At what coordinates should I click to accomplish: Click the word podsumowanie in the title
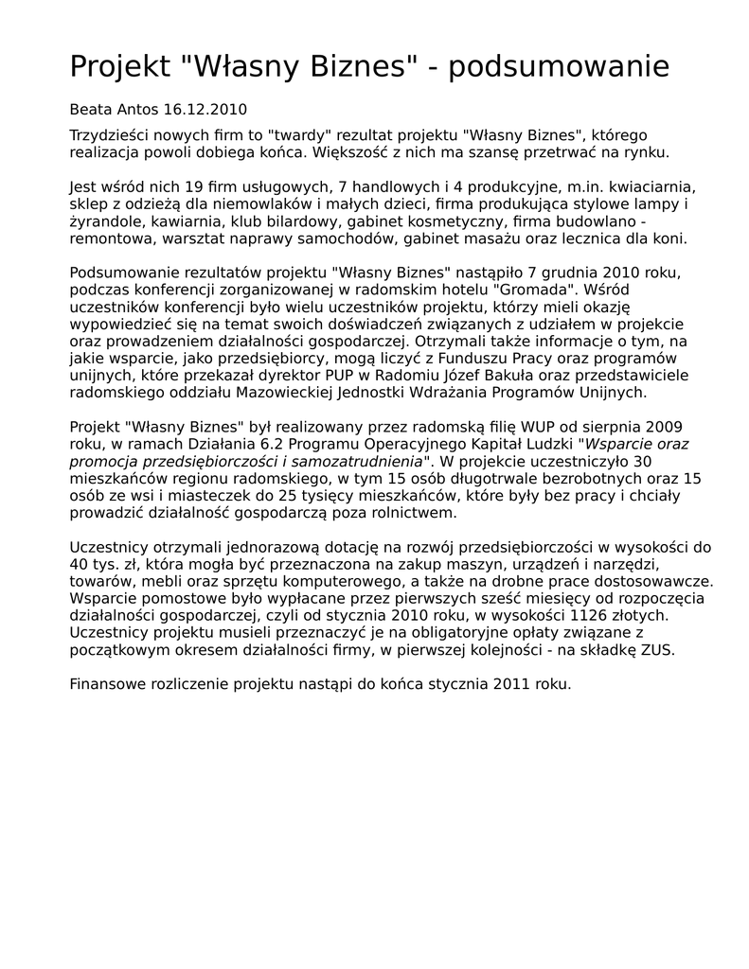coord(559,67)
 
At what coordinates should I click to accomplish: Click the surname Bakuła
coord(530,375)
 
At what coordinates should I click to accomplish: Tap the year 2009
coord(665,427)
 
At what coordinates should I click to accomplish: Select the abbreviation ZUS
coord(658,649)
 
